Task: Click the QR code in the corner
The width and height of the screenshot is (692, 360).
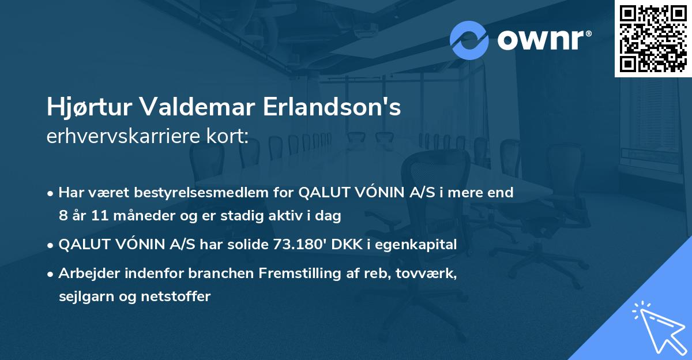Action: click(x=653, y=38)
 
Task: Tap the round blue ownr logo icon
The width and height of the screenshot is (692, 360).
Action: click(x=469, y=40)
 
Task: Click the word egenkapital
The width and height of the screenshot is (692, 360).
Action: click(x=423, y=245)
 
